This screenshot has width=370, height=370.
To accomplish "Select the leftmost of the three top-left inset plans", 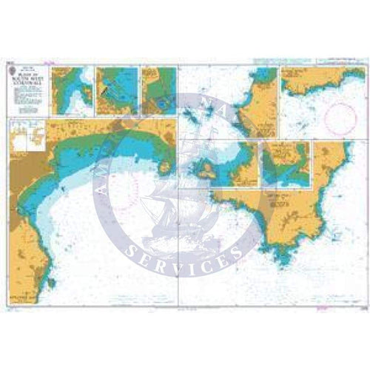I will coord(72,91).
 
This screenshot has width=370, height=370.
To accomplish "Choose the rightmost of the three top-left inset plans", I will coord(158,91).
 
